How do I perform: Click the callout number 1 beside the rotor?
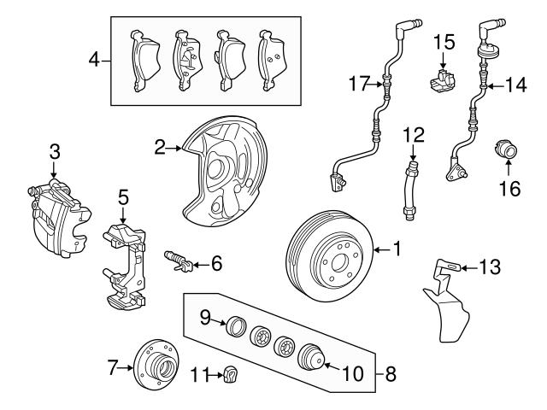396,249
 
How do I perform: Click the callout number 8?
391,373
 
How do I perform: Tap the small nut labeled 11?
229,373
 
